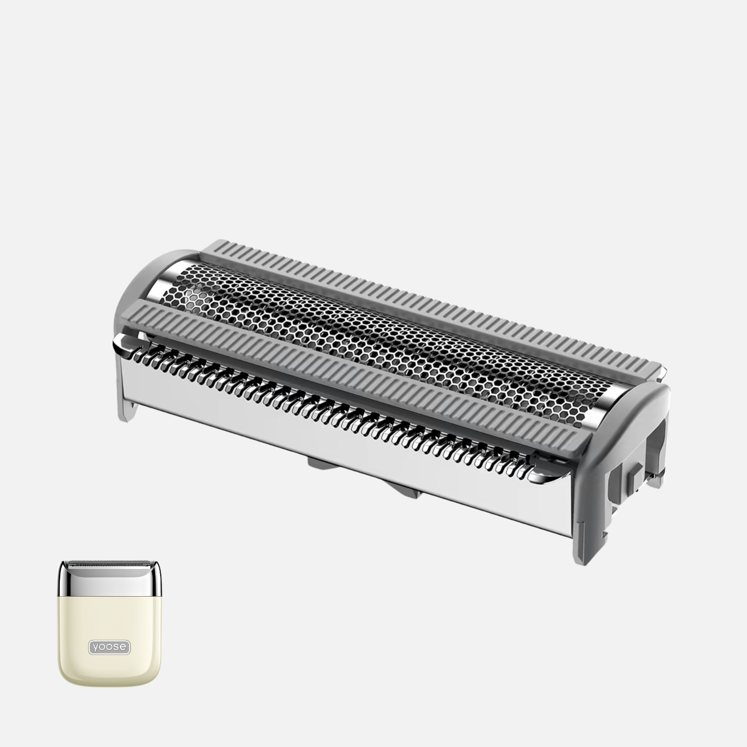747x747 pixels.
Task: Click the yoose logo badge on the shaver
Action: tap(110, 647)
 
